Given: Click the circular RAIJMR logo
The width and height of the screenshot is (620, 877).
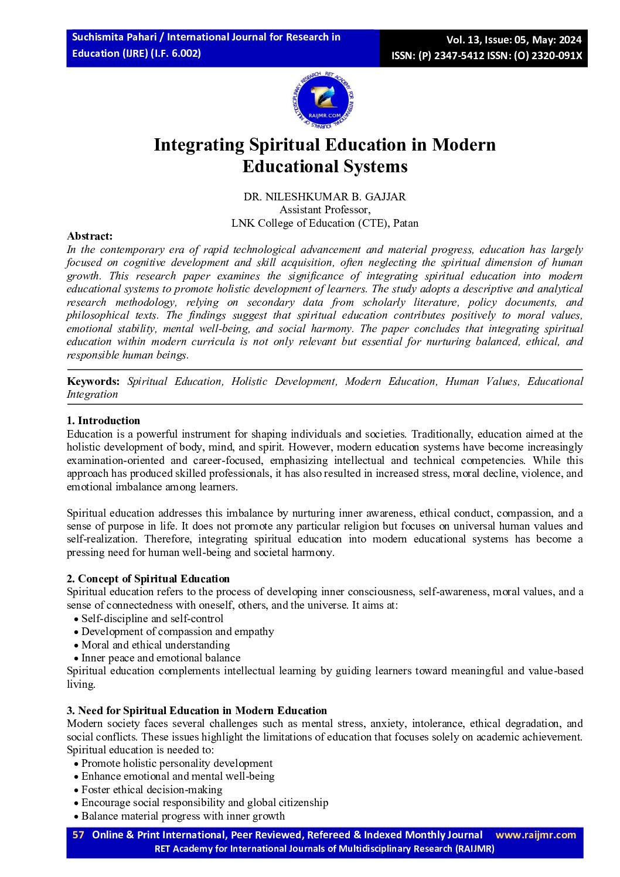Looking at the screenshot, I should pyautogui.click(x=324, y=101).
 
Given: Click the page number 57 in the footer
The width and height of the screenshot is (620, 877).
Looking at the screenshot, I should pyautogui.click(x=78, y=835).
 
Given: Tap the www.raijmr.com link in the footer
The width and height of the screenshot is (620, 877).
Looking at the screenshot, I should pyautogui.click(x=536, y=835).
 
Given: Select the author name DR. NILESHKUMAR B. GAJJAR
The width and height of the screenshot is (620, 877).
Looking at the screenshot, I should pyautogui.click(x=325, y=197).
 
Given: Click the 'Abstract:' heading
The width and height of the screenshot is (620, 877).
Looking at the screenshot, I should pyautogui.click(x=90, y=236).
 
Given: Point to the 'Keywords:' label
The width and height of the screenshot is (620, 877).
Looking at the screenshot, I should pyautogui.click(x=93, y=381).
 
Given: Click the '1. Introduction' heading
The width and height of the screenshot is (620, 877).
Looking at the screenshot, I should pyautogui.click(x=103, y=421).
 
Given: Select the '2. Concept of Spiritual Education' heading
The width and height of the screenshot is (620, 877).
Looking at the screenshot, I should pyautogui.click(x=148, y=579).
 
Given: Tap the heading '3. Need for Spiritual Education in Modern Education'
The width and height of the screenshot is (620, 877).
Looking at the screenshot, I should pyautogui.click(x=196, y=711).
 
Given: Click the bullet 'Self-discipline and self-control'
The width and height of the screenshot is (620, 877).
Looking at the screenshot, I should pyautogui.click(x=152, y=619).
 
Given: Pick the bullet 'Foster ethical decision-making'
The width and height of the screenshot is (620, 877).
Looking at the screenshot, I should pyautogui.click(x=151, y=790).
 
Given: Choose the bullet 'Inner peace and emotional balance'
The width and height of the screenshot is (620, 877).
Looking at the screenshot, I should pyautogui.click(x=161, y=658).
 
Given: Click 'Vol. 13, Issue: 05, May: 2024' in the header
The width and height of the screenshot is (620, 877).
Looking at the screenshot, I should pyautogui.click(x=513, y=40).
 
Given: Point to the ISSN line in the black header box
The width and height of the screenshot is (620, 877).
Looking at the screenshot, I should pyautogui.click(x=486, y=56).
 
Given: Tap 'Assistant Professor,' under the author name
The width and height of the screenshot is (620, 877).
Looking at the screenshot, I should pyautogui.click(x=325, y=210).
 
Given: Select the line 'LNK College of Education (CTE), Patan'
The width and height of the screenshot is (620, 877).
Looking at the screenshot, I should pyautogui.click(x=325, y=223).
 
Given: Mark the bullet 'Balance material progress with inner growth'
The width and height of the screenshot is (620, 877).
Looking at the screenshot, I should pyautogui.click(x=183, y=816).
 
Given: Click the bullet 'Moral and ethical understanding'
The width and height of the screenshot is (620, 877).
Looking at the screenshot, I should pyautogui.click(x=155, y=645).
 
